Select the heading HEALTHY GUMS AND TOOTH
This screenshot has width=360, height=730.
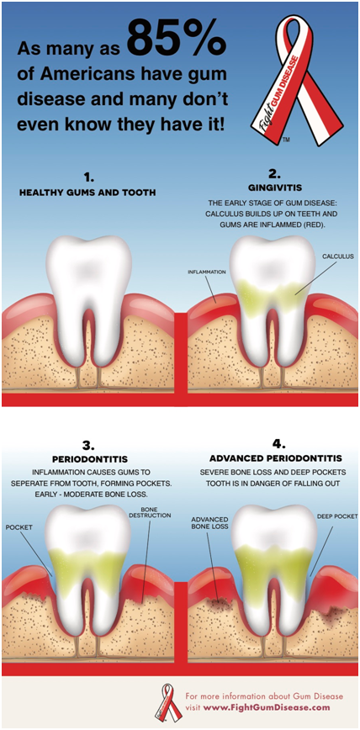coord(87,193)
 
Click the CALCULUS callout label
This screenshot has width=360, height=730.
coord(338,256)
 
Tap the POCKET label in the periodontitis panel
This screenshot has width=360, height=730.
coord(19,527)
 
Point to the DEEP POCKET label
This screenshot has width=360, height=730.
coord(337,516)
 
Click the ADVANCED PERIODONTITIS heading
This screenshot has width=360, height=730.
coord(276,458)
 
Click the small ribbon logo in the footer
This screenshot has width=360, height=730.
coord(168,702)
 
